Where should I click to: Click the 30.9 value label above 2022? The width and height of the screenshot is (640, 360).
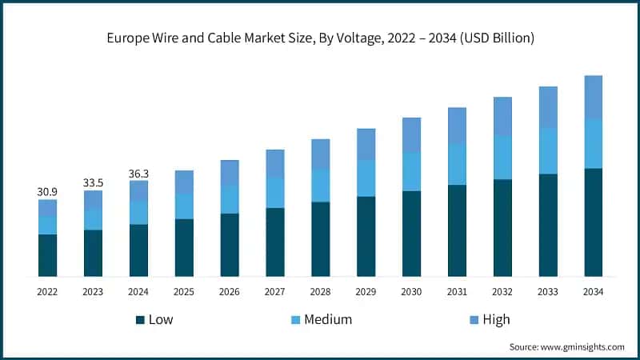[47, 192]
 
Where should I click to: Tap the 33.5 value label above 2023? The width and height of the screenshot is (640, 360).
[93, 182]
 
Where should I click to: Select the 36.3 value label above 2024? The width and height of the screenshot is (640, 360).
[138, 173]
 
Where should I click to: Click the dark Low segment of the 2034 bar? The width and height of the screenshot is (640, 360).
[593, 222]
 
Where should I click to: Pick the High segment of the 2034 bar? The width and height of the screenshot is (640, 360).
[593, 97]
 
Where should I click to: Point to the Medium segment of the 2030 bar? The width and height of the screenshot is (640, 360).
[411, 171]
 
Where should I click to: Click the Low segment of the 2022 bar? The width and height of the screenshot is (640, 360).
[47, 255]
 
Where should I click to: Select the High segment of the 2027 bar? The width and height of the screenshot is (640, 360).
[275, 163]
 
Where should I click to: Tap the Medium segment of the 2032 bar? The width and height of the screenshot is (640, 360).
[502, 157]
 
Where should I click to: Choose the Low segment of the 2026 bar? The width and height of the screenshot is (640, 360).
[230, 245]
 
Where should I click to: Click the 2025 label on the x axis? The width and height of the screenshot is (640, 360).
[184, 292]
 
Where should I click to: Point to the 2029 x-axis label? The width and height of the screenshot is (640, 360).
[366, 292]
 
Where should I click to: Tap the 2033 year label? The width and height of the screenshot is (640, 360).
[548, 292]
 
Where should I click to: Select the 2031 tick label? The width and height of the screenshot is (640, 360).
[457, 292]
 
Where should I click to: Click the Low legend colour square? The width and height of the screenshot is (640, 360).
[141, 320]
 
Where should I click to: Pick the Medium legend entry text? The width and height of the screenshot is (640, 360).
[328, 320]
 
